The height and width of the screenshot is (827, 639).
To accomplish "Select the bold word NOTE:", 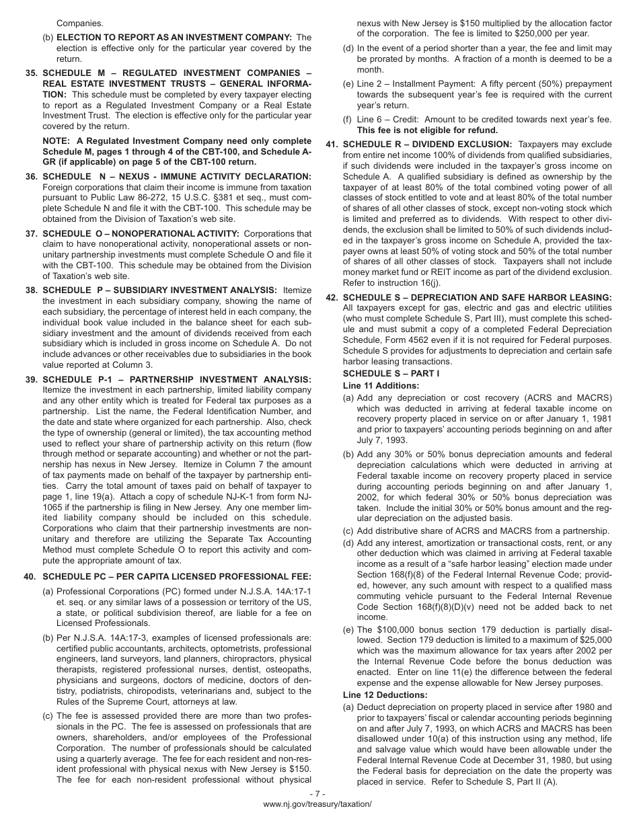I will pos(58,141).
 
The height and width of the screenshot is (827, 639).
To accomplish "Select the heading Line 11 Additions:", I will pos(381,386).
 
